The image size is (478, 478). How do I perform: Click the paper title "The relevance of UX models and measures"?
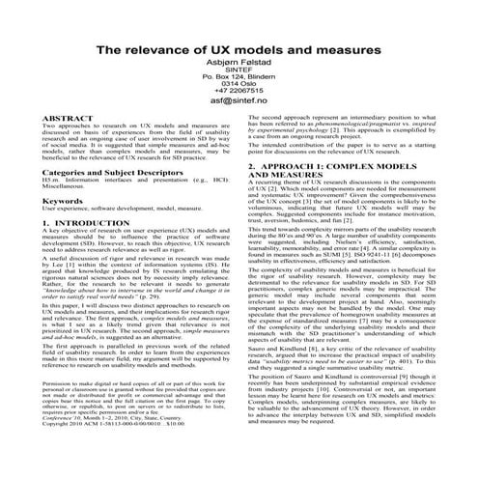pyautogui.click(x=239, y=48)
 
